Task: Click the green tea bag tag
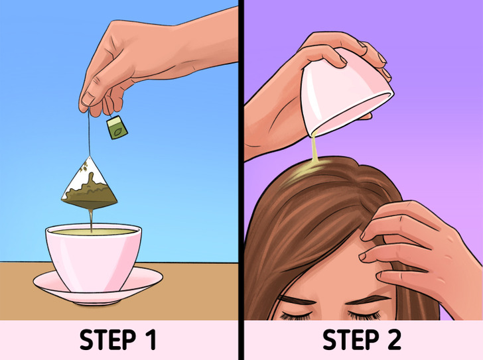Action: point(117,127)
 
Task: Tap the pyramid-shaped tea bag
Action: point(90,184)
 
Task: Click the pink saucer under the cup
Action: point(98,286)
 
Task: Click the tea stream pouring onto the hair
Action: point(314,148)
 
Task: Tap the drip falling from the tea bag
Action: point(91,220)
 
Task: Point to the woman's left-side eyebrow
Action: point(296,299)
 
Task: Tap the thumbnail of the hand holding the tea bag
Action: point(88,99)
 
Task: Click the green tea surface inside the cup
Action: point(94,231)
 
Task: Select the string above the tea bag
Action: point(89,132)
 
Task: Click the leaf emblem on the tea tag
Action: point(117,133)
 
